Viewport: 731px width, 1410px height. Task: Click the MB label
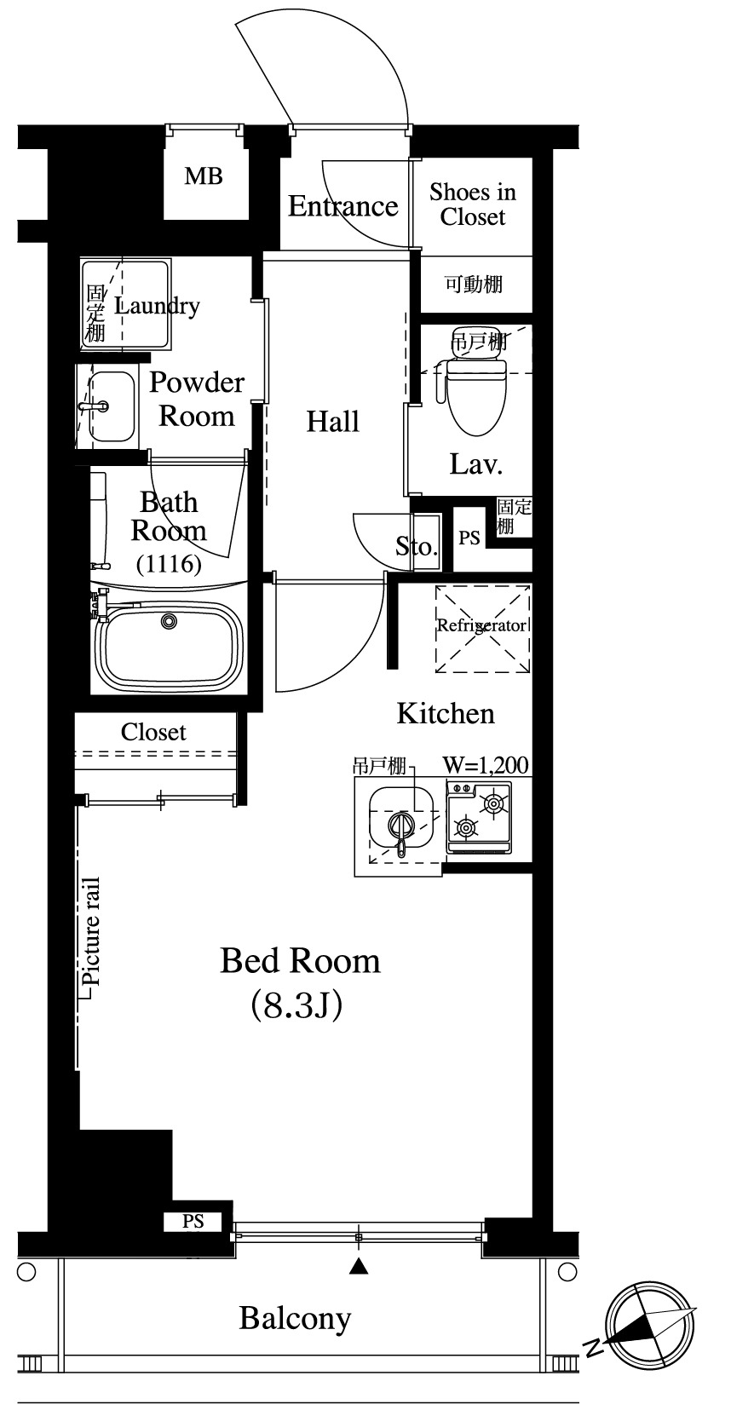pyautogui.click(x=204, y=176)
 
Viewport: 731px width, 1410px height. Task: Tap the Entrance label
pyautogui.click(x=343, y=206)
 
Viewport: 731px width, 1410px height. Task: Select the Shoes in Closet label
pyautogui.click(x=472, y=204)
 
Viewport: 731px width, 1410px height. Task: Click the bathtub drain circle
pyautogui.click(x=168, y=620)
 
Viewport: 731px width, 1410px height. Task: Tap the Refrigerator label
pyautogui.click(x=481, y=625)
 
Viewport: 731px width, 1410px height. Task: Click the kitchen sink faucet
pyautogui.click(x=400, y=831)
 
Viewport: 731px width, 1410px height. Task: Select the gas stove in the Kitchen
pyautogui.click(x=479, y=817)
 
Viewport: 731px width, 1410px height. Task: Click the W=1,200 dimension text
pyautogui.click(x=486, y=765)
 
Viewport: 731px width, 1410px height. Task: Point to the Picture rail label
pyautogui.click(x=90, y=931)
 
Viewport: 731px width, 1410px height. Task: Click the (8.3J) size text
pyautogui.click(x=296, y=1005)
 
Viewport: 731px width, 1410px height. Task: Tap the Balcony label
pyautogui.click(x=295, y=1319)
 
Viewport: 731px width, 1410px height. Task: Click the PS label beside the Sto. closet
pyautogui.click(x=469, y=538)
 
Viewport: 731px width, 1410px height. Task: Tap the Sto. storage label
pyautogui.click(x=416, y=546)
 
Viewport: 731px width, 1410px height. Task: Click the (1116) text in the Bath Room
pyautogui.click(x=169, y=563)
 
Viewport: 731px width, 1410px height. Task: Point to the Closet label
pyautogui.click(x=153, y=732)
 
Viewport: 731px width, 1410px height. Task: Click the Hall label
pyautogui.click(x=332, y=421)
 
